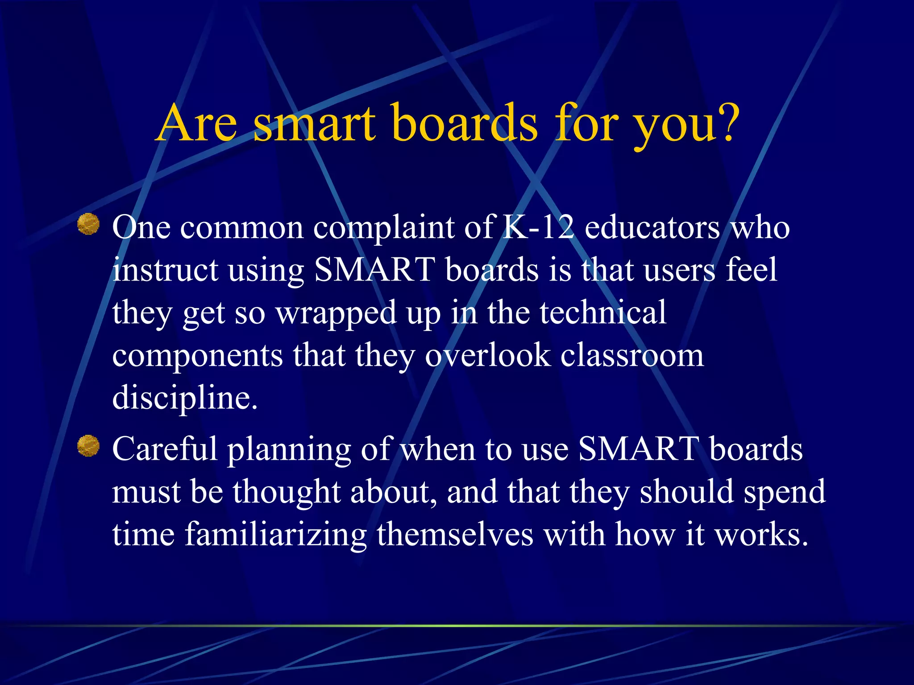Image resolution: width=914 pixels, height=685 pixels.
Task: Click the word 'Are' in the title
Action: [x=197, y=123]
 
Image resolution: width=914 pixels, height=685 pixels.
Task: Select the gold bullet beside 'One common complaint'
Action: [x=88, y=224]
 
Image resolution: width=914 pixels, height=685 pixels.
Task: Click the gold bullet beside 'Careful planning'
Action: [x=88, y=446]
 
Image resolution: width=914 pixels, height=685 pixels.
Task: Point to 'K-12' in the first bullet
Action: [x=538, y=227]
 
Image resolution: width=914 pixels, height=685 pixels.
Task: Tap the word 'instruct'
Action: [x=165, y=270]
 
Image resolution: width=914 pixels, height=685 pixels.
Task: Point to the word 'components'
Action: [x=197, y=356]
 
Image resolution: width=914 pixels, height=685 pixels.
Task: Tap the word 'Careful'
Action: [x=165, y=449]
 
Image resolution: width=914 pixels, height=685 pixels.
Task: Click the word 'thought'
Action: [x=287, y=491]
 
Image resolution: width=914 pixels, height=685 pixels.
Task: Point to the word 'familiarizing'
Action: [x=275, y=535]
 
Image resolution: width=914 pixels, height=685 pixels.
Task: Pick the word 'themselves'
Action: [x=455, y=534]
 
